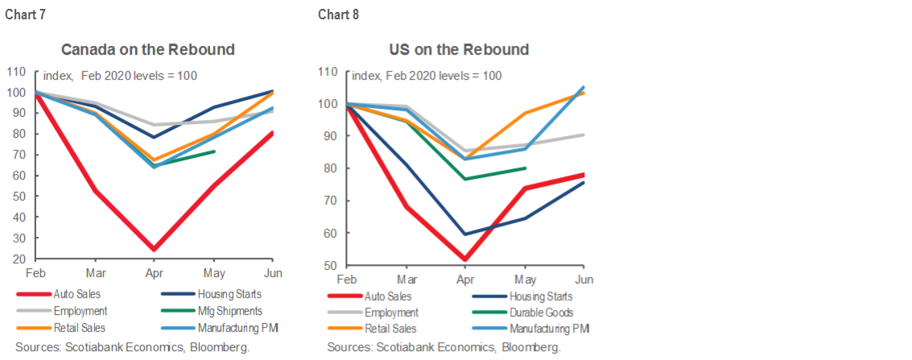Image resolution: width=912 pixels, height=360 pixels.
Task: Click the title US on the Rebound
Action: coord(460,49)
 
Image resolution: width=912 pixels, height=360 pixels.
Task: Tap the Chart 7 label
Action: coord(23,15)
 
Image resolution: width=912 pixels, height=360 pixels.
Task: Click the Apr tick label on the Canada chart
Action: coord(153,271)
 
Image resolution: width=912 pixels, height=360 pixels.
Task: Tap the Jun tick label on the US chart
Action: coord(584,278)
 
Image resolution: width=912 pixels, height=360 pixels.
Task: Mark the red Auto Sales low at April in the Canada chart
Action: coord(153,250)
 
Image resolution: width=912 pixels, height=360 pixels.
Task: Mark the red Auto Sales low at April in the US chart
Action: coord(464,259)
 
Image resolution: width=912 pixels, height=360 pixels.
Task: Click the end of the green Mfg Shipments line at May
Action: coord(214,151)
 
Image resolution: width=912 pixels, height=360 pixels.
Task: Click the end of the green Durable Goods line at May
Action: coord(525,168)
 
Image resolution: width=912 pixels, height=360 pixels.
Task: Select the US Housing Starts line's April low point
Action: coord(464,234)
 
